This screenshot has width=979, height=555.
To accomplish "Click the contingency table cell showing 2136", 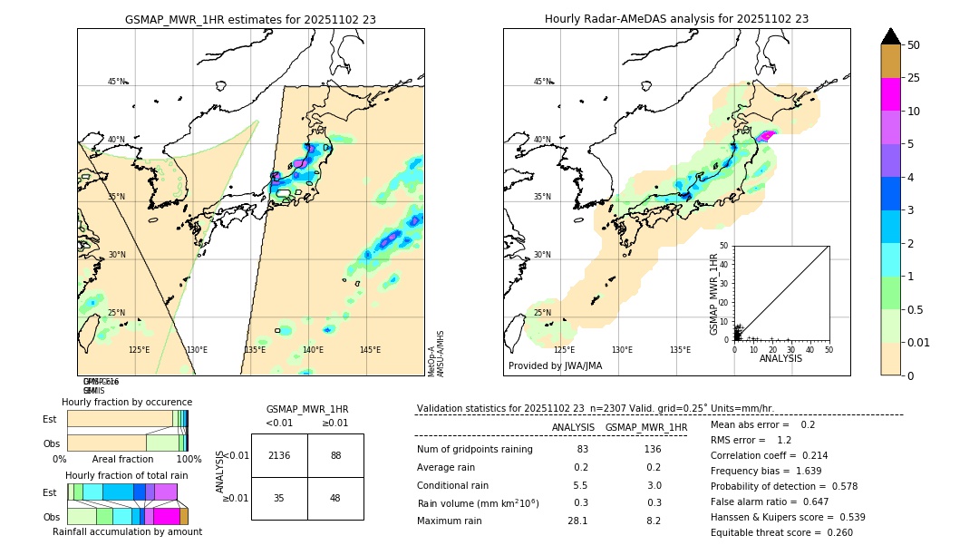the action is click(279, 455).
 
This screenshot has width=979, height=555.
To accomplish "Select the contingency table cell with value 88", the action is click(335, 455).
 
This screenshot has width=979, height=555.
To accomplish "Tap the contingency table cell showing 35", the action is click(279, 498).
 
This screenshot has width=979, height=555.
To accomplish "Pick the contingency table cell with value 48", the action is click(335, 498).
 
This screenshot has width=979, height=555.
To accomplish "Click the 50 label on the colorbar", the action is click(914, 45).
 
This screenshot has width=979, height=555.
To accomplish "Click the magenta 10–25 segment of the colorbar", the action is click(890, 94).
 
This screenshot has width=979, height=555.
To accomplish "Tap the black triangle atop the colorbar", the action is click(890, 36).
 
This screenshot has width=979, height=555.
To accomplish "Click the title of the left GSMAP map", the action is click(250, 19).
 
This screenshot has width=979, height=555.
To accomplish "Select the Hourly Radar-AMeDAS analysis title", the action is click(676, 19).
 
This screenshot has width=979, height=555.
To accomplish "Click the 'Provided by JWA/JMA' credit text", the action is click(555, 366).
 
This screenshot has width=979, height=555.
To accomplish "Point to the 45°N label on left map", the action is click(116, 82).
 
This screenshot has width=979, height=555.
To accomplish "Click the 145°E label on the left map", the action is click(370, 350).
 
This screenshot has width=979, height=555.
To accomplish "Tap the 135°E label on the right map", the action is click(680, 350).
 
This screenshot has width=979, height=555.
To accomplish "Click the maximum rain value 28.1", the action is click(577, 521).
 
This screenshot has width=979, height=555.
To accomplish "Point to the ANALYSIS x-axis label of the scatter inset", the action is click(780, 358).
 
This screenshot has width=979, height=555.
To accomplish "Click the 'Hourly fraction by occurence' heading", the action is click(127, 402).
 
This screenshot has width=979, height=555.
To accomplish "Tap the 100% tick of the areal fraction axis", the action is click(189, 460).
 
